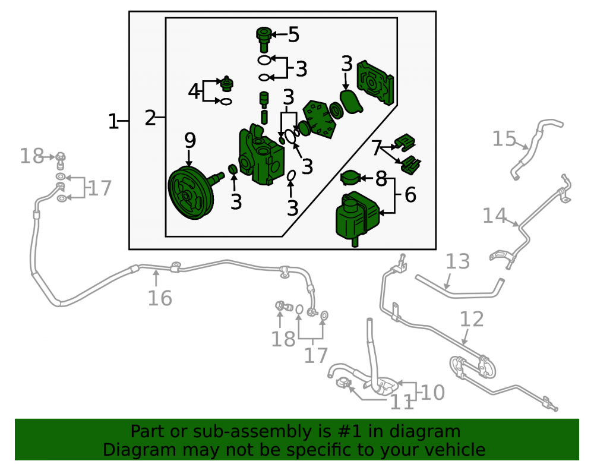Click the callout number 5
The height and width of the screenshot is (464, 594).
click(x=293, y=34)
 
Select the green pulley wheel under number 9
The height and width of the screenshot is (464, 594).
click(x=191, y=193)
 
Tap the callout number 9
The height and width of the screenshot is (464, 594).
click(x=190, y=140)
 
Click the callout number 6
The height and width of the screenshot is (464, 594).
click(x=410, y=195)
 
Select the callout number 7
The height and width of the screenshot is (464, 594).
click(x=376, y=147)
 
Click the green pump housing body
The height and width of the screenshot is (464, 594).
click(x=261, y=155)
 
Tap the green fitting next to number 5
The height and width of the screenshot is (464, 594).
click(x=264, y=39)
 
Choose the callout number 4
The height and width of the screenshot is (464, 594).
click(x=194, y=91)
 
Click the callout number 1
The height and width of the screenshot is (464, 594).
click(x=113, y=122)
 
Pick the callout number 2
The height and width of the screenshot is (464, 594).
click(x=150, y=118)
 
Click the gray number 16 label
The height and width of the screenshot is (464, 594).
click(x=160, y=298)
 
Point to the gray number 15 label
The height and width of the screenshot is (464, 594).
click(x=504, y=138)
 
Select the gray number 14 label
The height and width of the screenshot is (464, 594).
click(x=494, y=216)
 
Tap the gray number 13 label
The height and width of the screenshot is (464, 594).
click(x=457, y=261)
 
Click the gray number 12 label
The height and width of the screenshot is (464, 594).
click(x=472, y=319)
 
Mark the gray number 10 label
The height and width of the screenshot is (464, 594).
click(x=432, y=393)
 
